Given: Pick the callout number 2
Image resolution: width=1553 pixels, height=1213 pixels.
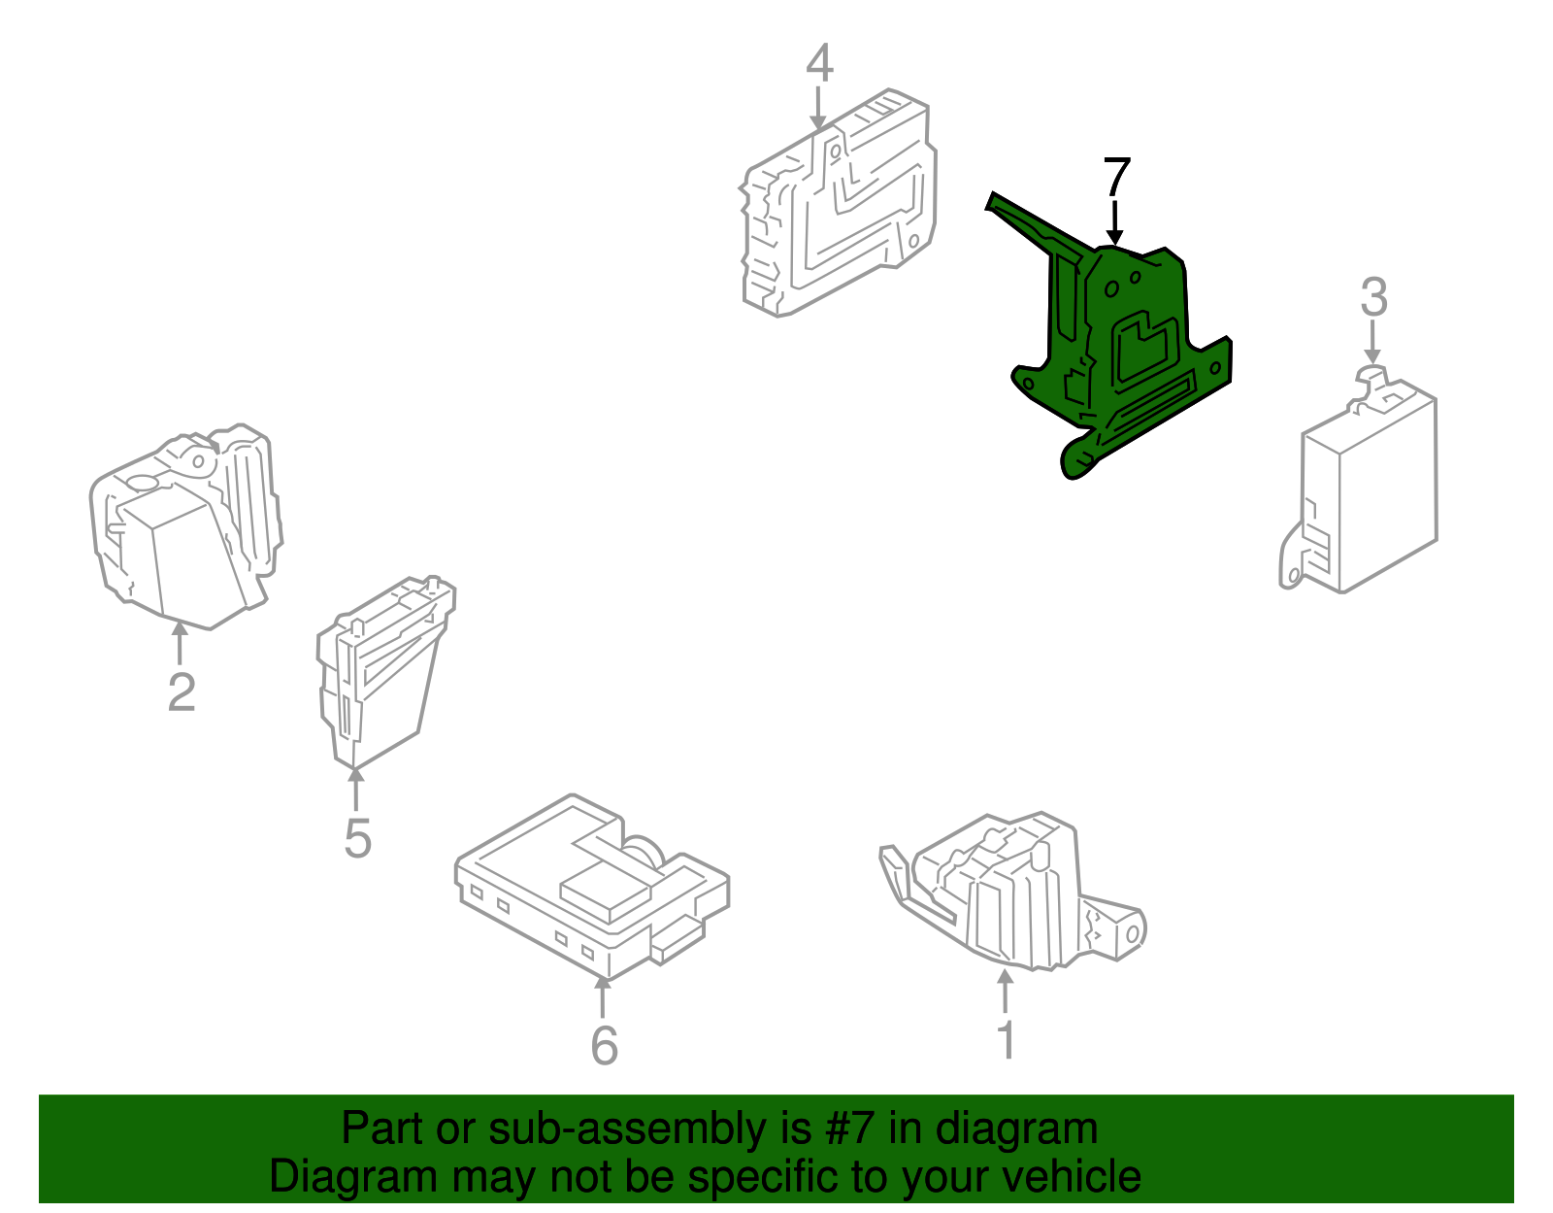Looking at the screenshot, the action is click(x=182, y=691).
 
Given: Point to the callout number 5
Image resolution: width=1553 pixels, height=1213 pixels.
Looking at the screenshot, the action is click(x=357, y=838).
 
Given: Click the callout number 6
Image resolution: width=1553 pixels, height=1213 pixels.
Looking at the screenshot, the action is click(x=604, y=1044).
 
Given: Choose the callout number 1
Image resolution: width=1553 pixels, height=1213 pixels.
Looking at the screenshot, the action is click(x=1007, y=1039).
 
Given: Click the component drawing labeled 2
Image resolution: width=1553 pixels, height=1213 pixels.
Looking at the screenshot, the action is click(x=185, y=526).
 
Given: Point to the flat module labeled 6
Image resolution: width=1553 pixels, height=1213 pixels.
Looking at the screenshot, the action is click(x=592, y=887).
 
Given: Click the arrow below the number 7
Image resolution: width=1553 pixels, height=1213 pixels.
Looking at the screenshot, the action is click(x=1115, y=223).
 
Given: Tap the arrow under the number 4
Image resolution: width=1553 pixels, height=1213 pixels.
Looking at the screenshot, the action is click(x=818, y=108).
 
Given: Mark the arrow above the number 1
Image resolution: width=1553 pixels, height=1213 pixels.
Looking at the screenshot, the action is click(x=1006, y=991).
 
